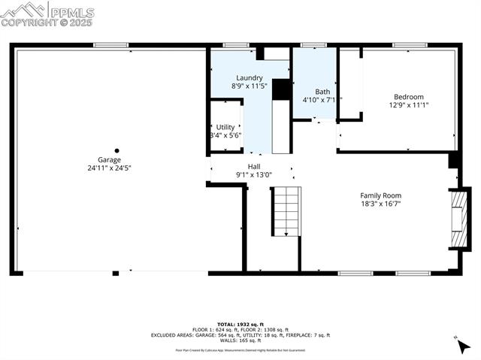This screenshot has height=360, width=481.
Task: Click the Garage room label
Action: (x=108, y=159)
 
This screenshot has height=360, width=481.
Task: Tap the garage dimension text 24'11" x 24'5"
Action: (x=108, y=168)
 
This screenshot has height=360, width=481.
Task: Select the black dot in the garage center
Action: (x=116, y=150)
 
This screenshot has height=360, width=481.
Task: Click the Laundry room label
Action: (x=249, y=77)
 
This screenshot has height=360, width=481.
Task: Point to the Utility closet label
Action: (x=225, y=127)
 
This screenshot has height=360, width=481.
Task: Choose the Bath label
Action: (x=322, y=92)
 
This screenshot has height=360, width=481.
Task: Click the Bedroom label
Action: (x=409, y=97)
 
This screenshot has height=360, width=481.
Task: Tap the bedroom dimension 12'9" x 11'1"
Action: (x=409, y=105)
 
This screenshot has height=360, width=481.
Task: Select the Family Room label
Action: (x=380, y=195)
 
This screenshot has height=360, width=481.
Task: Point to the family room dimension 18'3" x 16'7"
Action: (x=380, y=204)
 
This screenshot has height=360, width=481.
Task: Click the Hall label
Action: (x=254, y=166)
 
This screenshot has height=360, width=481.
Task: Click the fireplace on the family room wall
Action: (x=456, y=219)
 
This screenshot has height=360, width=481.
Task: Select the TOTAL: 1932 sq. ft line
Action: (x=240, y=323)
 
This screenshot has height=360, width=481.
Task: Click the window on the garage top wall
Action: (x=110, y=45)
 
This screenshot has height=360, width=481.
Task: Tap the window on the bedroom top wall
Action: (x=410, y=45)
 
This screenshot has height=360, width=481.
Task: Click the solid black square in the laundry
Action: (x=281, y=89)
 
